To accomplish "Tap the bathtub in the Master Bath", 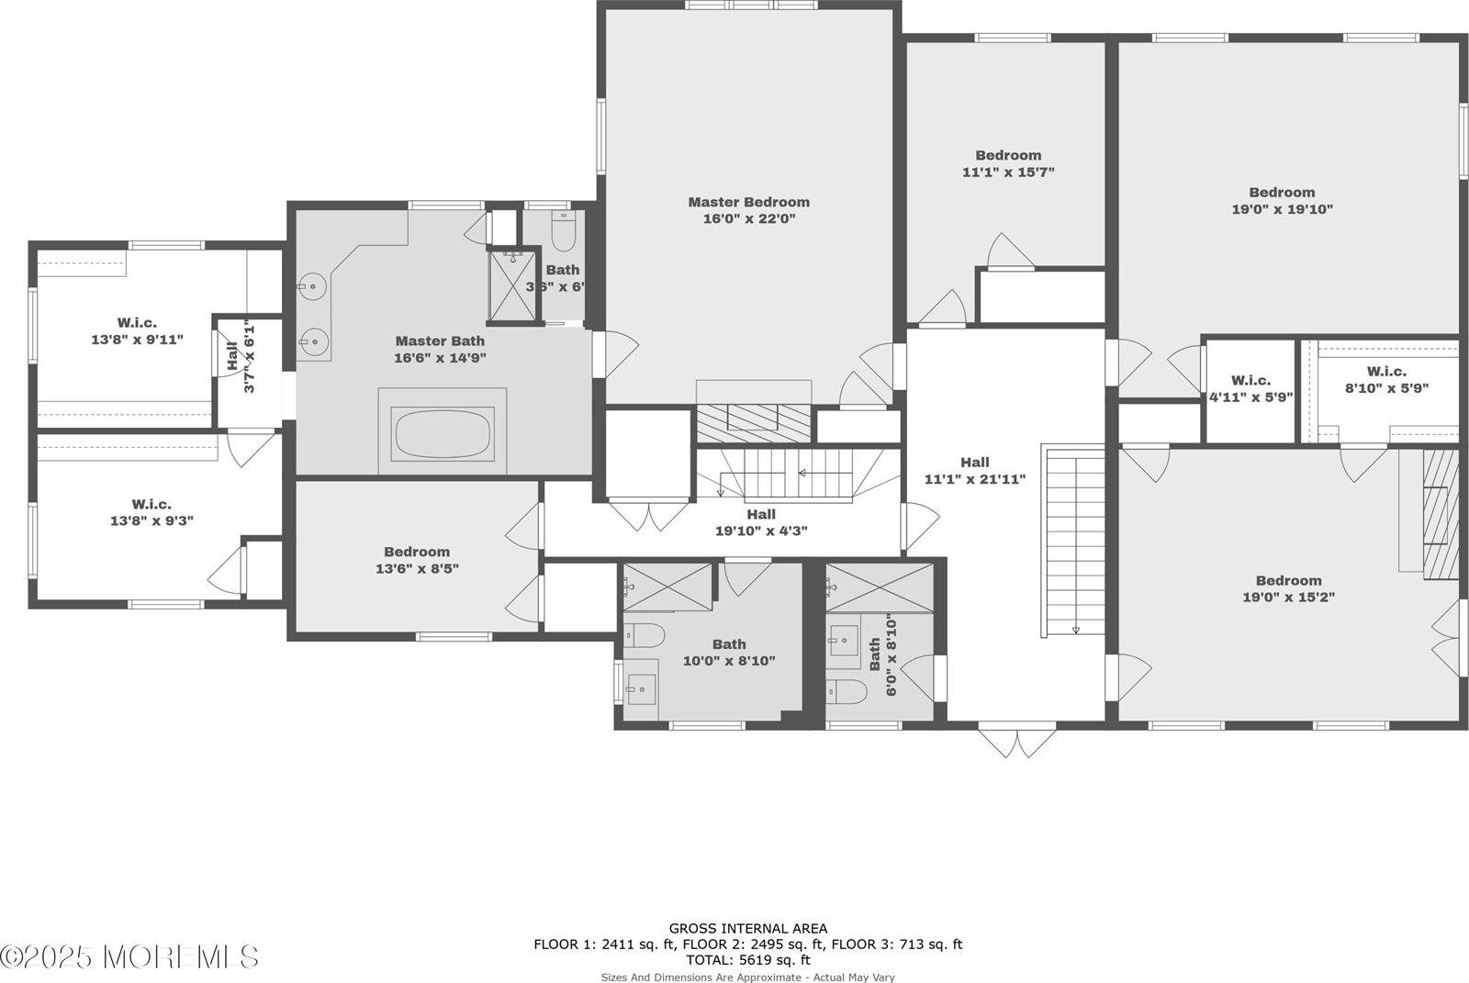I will click(x=442, y=434).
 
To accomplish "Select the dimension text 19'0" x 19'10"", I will click(x=1282, y=209).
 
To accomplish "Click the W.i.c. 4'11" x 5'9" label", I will click(x=1250, y=389).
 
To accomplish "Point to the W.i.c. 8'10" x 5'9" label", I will click(x=1386, y=379).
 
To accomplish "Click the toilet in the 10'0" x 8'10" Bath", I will click(x=644, y=635).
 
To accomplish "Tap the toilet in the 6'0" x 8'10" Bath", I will click(x=847, y=691).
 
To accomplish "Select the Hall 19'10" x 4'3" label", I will click(x=760, y=522).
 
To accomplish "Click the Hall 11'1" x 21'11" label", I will click(x=975, y=471).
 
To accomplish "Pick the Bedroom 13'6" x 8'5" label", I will click(x=417, y=560).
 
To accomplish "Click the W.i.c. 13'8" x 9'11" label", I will click(x=137, y=331).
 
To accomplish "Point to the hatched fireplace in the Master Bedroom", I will click(x=753, y=422).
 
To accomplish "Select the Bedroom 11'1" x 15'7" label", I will click(x=1008, y=163).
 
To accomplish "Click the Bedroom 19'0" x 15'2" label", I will click(x=1288, y=588).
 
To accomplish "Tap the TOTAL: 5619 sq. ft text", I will click(x=747, y=960).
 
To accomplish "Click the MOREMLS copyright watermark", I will click(x=129, y=957).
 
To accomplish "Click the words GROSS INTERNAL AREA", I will click(x=747, y=929).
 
